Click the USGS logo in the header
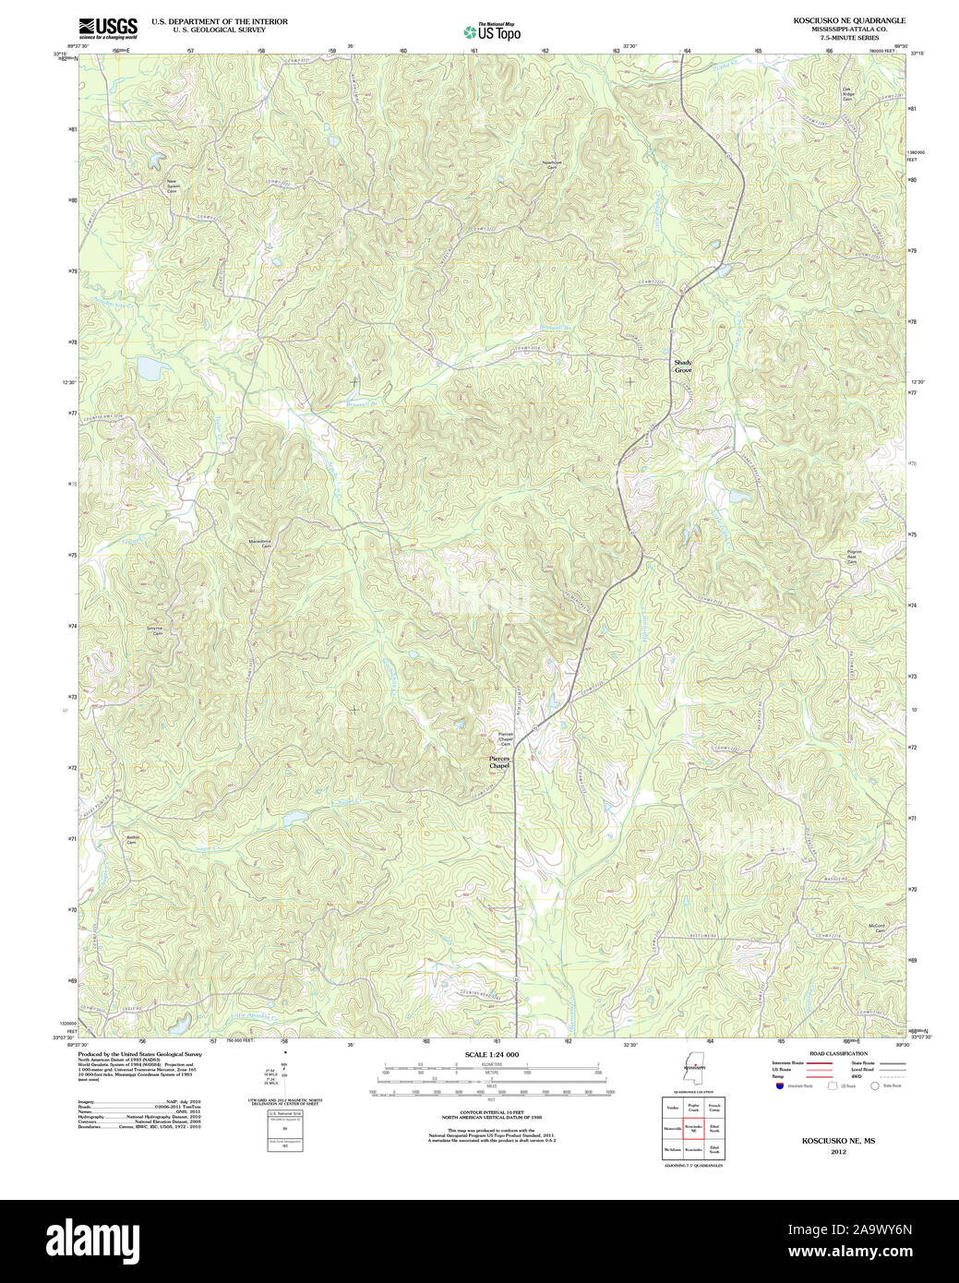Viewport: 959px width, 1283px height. click(108, 27)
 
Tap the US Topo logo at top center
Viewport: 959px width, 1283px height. click(492, 32)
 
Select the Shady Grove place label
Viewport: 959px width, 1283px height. click(682, 366)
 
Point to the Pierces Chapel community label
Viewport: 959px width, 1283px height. click(498, 762)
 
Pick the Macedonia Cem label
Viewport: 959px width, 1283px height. click(260, 544)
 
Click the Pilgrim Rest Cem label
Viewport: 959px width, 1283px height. click(854, 557)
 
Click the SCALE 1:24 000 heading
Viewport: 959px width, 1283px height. click(491, 1054)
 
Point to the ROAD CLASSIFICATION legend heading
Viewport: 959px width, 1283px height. click(837, 1053)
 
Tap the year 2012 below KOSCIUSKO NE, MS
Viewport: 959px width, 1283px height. click(838, 1152)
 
